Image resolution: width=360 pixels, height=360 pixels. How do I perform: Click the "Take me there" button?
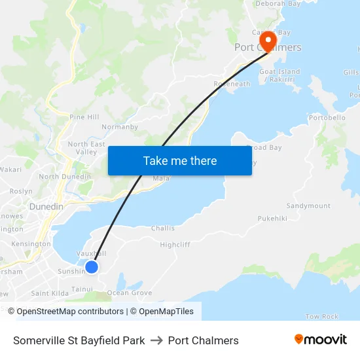(179, 160)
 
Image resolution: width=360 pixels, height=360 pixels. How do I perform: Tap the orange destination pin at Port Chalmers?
(268, 41)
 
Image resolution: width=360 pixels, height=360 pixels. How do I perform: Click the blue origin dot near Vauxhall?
(92, 266)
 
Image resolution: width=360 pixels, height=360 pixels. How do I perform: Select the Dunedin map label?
(46, 207)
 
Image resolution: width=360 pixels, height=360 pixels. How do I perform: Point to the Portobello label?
(327, 118)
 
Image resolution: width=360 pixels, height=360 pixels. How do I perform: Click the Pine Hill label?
(84, 117)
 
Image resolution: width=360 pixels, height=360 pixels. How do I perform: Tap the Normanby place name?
(120, 127)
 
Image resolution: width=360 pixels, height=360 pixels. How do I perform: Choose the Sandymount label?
(308, 206)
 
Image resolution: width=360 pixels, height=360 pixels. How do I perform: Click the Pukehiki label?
(272, 219)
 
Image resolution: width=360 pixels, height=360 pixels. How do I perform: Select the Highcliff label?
(175, 244)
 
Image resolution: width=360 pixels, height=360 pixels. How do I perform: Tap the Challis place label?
(163, 228)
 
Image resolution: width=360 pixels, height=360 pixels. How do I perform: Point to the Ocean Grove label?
(130, 293)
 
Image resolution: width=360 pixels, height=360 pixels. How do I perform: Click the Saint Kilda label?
(50, 293)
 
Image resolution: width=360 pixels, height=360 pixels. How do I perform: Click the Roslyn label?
(21, 191)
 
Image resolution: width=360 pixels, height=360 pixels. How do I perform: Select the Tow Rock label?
(322, 317)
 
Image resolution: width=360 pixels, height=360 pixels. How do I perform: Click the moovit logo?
(321, 340)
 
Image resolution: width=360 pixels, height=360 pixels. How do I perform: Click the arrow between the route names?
(156, 340)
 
